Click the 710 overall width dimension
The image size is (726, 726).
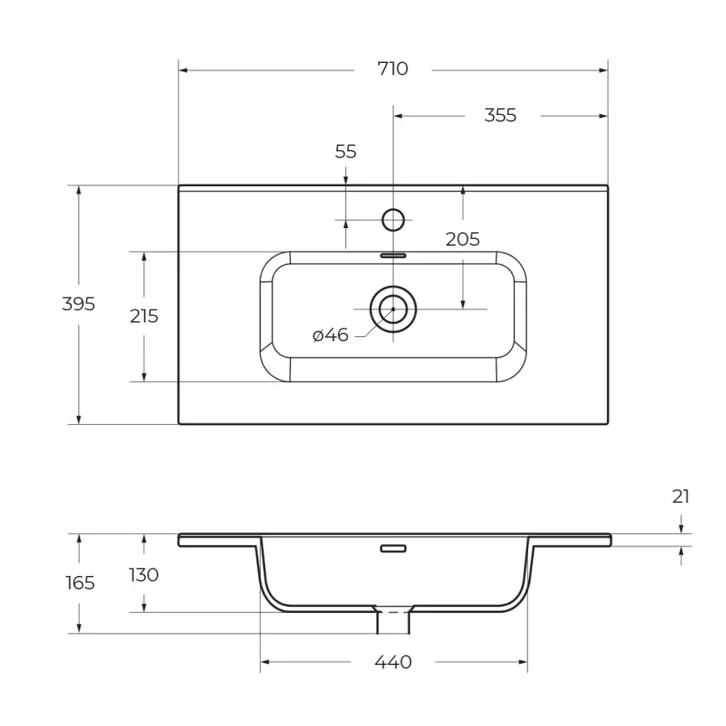point(392,70)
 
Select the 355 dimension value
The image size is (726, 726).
point(500,116)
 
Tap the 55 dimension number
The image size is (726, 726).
point(345,152)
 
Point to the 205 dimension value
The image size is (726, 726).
point(462,240)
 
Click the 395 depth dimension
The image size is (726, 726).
point(79,304)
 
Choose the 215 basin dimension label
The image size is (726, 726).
point(144,316)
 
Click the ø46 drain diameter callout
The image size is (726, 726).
point(330,335)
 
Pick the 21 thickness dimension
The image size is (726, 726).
point(681,496)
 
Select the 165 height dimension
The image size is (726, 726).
point(80,583)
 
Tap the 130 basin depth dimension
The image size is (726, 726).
point(144,575)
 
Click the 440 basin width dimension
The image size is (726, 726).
point(392,663)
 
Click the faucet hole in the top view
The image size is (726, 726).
point(393,220)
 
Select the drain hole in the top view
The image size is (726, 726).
point(392,309)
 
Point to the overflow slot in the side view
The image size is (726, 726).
point(393,548)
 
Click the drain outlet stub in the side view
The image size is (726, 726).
point(393,621)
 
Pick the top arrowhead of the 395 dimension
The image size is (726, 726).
point(79,190)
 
